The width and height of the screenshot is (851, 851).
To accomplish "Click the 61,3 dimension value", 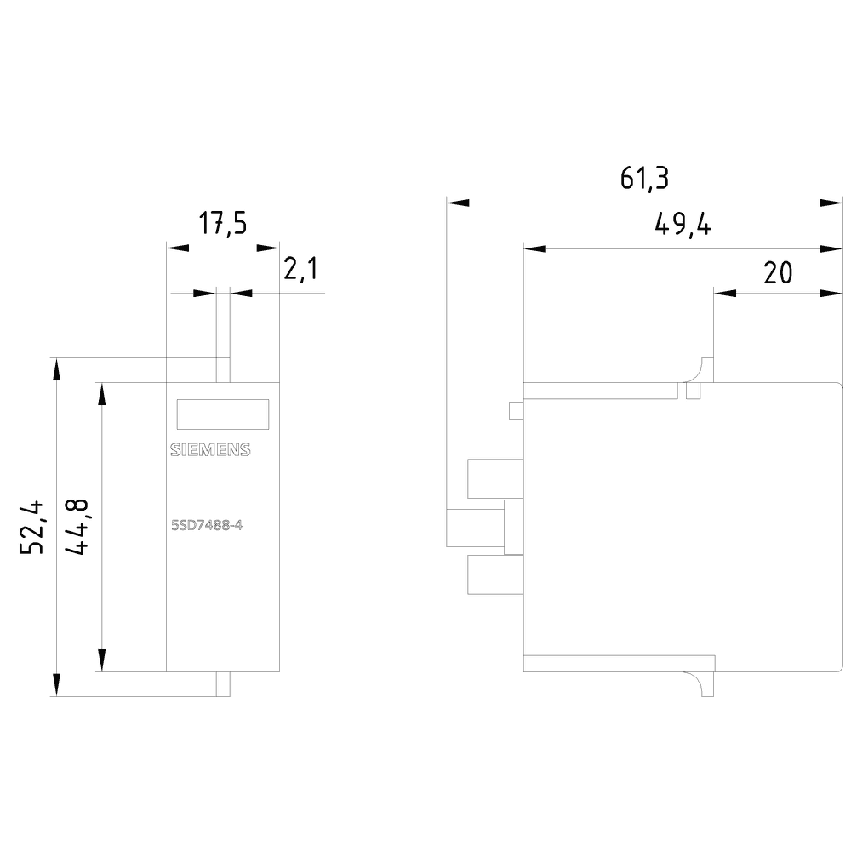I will pos(644,179).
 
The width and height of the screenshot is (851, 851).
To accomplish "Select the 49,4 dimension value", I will pos(683,225).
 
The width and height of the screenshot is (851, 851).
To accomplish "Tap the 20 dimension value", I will pos(777,272).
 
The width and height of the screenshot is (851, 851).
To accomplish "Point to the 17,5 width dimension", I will pos(223,225).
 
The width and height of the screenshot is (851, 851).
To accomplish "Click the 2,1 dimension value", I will pos(300,271).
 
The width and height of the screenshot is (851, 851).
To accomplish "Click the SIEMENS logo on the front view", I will pos(210,451).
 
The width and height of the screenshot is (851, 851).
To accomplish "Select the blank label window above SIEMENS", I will pos(222,414).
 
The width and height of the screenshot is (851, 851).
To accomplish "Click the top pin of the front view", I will pos(223,369).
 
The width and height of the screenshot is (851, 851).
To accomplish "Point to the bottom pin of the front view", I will pos(223,684).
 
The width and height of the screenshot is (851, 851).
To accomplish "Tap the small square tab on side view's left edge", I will pos(515,410).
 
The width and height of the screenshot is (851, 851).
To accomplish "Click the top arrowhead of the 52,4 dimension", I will pos(56,368).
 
